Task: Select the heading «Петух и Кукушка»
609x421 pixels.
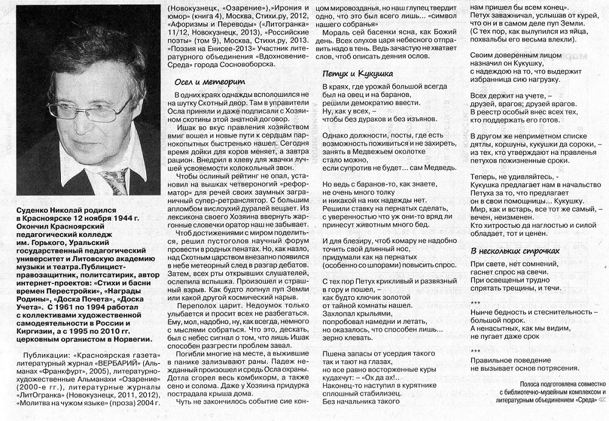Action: (x=357, y=74)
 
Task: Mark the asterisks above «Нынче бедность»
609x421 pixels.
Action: (x=476, y=303)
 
